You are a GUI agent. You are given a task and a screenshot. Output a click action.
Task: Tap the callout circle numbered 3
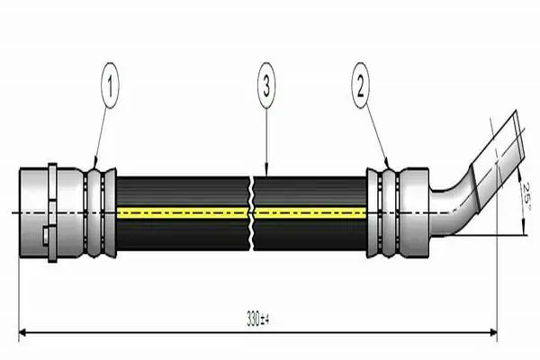pos(266,87)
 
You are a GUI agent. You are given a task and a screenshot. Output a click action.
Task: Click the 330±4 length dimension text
pos(259,318)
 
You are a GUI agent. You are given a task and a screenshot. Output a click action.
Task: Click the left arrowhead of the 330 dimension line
pos(22,333)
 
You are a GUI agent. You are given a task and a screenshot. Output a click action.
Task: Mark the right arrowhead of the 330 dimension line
pos(494,333)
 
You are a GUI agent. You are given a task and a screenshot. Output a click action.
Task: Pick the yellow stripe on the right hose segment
pos(310,213)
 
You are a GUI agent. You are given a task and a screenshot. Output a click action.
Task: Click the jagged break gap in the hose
pos(251,213)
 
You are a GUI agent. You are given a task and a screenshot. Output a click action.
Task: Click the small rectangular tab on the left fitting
pos(48,237)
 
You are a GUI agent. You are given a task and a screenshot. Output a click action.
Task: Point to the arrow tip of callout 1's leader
pos(94,166)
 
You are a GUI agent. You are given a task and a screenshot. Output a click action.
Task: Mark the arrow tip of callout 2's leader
pos(389,166)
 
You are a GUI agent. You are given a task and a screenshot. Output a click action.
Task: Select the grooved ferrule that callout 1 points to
pos(99,213)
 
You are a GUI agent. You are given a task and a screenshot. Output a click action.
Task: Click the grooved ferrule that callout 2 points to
pos(383,213)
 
